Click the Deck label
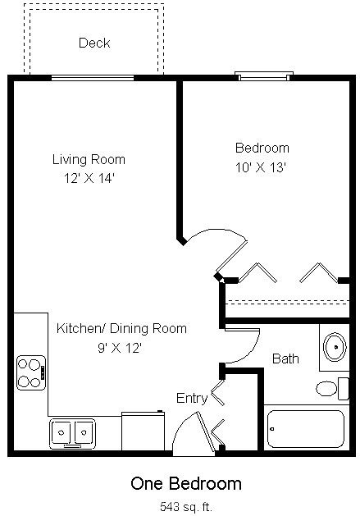tap(94, 43)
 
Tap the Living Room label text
tap(89, 160)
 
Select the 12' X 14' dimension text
tap(89, 178)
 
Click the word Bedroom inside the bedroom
tap(262, 148)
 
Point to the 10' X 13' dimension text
tap(260, 167)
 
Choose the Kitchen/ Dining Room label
tap(121, 328)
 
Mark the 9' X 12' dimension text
tap(120, 348)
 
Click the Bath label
tap(285, 358)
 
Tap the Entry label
tap(192, 399)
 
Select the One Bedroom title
tap(186, 484)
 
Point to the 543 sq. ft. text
tap(186, 506)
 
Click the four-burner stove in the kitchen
tap(31, 373)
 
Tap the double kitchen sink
tap(72, 433)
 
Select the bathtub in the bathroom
tap(306, 429)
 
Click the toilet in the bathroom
tap(332, 389)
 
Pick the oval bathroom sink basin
tap(335, 347)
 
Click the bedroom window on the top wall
tap(264, 76)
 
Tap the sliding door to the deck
tap(93, 78)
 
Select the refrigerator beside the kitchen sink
tap(143, 431)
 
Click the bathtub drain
tap(272, 429)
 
